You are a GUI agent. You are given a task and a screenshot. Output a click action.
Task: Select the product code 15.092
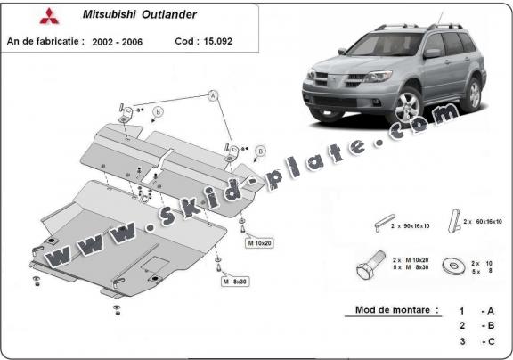pyautogui.click(x=229, y=42)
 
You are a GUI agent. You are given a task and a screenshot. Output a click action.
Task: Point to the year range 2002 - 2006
pyautogui.click(x=121, y=42)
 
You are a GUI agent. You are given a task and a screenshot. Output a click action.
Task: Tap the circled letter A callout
pyautogui.click(x=214, y=94)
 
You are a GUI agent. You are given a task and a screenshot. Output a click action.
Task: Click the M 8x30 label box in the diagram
pyautogui.click(x=236, y=282)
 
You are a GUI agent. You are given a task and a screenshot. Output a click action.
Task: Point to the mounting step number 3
pyautogui.click(x=461, y=341)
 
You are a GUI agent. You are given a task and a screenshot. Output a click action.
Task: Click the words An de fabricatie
pyautogui.click(x=45, y=42)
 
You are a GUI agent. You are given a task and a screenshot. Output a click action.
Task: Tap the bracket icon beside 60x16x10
pyautogui.click(x=453, y=219)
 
